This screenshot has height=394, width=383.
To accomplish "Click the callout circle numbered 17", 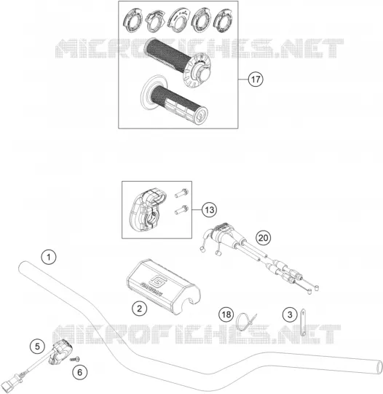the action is point(256,80).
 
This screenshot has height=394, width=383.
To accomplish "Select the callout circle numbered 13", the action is point(210,209).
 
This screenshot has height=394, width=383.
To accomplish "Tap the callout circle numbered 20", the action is point(263,237).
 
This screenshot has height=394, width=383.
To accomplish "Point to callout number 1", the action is point(49,257).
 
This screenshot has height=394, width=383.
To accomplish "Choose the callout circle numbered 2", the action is point(140,308).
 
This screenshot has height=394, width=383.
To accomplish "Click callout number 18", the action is point(226,314).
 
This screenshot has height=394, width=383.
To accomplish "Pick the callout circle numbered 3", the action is point(291,314).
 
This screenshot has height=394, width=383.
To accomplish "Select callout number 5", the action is point(37,347).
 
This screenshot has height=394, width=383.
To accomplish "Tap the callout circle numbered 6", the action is point(80,372).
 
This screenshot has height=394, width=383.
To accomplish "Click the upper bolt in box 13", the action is point(181,193).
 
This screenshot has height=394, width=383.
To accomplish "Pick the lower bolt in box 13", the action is point(181,210).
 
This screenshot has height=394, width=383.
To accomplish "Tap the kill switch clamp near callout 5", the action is point(60,350).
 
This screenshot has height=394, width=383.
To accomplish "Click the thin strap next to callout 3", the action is point(303,322).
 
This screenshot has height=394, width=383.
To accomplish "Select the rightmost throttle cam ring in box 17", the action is point(224,21).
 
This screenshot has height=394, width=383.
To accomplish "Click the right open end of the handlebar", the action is point(379,368).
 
